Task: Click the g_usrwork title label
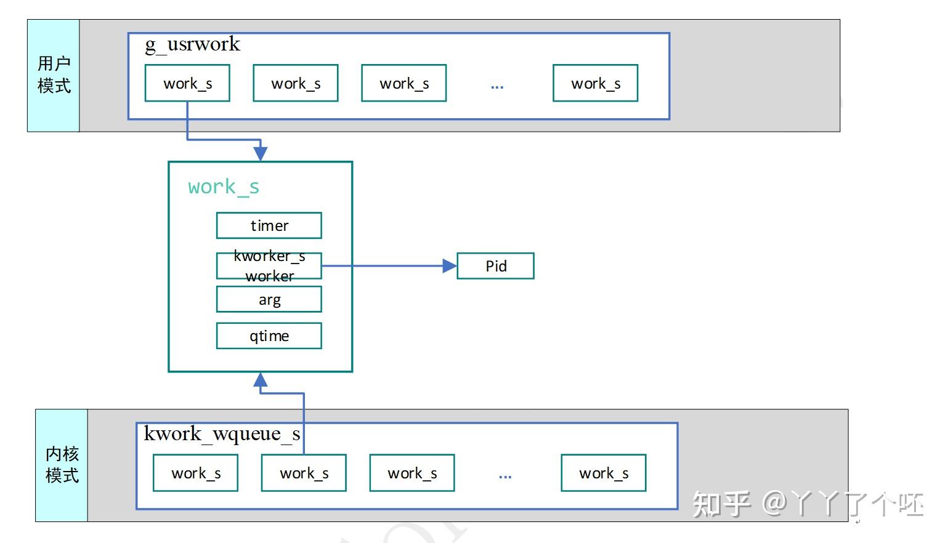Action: tap(192, 44)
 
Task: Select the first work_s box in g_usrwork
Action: tap(187, 83)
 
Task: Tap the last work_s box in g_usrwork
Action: tap(595, 83)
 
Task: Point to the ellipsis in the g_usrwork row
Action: tap(497, 86)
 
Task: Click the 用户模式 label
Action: tap(54, 75)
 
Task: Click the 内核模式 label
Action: tap(62, 465)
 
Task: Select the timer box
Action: tap(269, 225)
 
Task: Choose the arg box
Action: tap(269, 299)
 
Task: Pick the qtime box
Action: tap(269, 336)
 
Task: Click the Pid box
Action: tap(495, 266)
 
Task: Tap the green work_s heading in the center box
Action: tap(224, 187)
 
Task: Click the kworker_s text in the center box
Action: tap(269, 256)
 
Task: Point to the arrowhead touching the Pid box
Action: tap(450, 266)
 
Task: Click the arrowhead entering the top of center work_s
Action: tap(261, 153)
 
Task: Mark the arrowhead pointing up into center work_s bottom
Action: tap(261, 380)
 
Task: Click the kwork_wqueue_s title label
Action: tap(222, 434)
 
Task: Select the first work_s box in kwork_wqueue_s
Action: tap(195, 473)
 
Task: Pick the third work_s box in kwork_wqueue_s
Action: tap(411, 473)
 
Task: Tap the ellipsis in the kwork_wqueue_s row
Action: tap(505, 476)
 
